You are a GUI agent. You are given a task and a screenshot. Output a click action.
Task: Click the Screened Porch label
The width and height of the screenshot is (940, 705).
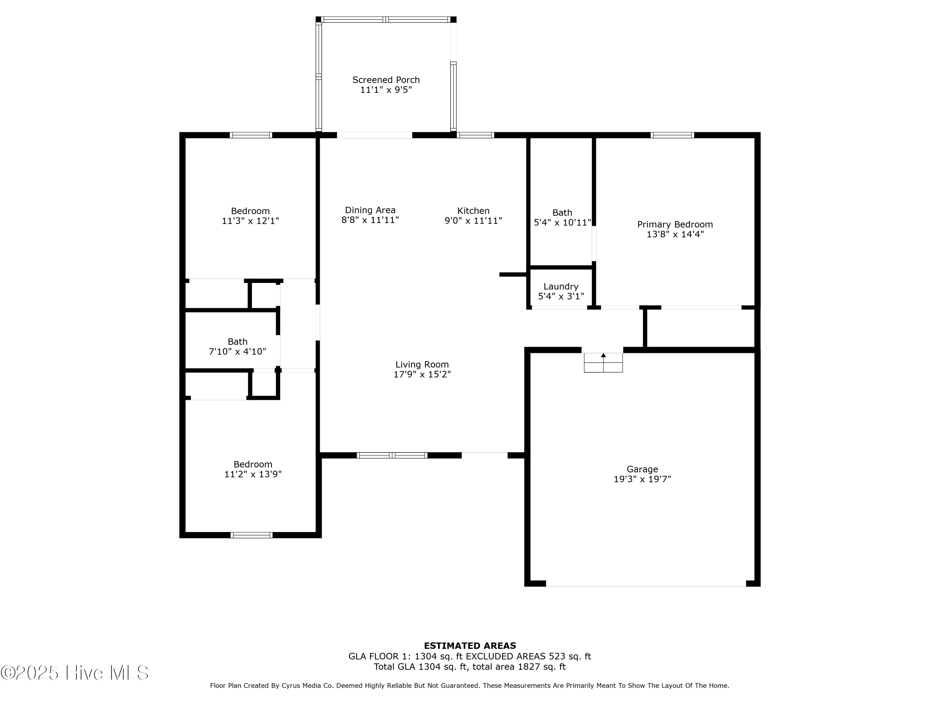click(x=386, y=80)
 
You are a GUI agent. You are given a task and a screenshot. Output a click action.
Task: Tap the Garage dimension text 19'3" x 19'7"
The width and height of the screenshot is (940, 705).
click(x=642, y=479)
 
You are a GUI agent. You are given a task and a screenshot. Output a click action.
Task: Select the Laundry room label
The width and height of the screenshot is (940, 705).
click(x=561, y=286)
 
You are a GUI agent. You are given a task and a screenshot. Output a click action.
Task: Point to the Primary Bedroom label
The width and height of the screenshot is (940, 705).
click(x=675, y=224)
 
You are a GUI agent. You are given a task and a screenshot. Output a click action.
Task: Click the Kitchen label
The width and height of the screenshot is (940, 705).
click(x=473, y=211)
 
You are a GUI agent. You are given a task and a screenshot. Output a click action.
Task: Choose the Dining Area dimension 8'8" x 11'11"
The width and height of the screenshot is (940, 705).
click(x=370, y=220)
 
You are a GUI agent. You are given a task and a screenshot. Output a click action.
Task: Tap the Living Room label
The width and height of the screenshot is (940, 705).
click(x=422, y=365)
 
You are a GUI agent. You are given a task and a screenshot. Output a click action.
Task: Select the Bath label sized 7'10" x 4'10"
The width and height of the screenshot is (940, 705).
click(x=238, y=342)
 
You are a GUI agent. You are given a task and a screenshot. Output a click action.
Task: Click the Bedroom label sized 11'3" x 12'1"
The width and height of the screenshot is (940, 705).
click(x=250, y=211)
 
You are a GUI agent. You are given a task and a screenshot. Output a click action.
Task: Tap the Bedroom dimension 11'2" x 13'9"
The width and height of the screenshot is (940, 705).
click(x=253, y=475)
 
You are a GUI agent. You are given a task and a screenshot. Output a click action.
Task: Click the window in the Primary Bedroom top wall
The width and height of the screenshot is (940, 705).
click(x=672, y=135)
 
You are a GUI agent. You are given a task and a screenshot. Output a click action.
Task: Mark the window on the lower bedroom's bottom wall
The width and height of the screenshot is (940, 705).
click(x=252, y=535)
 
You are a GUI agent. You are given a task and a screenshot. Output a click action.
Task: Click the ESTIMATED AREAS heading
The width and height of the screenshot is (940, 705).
click(x=470, y=646)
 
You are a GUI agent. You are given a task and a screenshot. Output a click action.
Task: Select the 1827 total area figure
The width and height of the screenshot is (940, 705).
click(x=529, y=667)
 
